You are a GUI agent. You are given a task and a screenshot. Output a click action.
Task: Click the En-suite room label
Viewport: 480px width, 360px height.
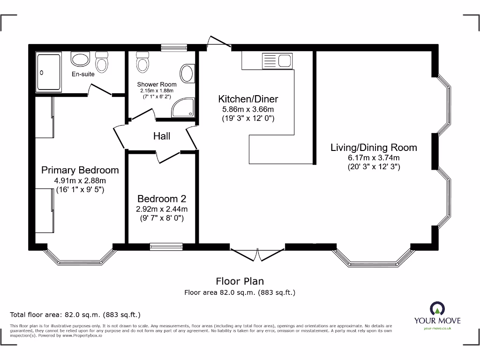[83, 74]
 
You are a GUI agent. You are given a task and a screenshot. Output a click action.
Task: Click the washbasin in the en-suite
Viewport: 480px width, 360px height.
[81, 59]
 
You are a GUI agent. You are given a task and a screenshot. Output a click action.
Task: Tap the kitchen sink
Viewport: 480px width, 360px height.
[285, 60]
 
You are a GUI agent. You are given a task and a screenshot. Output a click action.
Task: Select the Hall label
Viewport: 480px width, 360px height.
[162, 136]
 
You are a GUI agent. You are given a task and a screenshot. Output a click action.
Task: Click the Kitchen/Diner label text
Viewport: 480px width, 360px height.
[248, 99]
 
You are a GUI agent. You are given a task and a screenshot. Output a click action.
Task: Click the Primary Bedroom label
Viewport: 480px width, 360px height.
[80, 170]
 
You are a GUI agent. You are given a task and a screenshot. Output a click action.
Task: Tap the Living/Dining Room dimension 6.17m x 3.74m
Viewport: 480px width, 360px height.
[374, 157]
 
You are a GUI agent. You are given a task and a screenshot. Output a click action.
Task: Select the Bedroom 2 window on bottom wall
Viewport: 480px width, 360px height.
[166, 246]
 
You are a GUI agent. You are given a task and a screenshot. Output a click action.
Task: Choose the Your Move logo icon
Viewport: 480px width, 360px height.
[437, 308]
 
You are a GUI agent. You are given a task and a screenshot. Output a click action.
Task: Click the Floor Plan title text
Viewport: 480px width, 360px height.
[240, 281]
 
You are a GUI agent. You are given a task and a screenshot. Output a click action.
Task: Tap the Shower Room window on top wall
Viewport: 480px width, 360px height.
[174, 47]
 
